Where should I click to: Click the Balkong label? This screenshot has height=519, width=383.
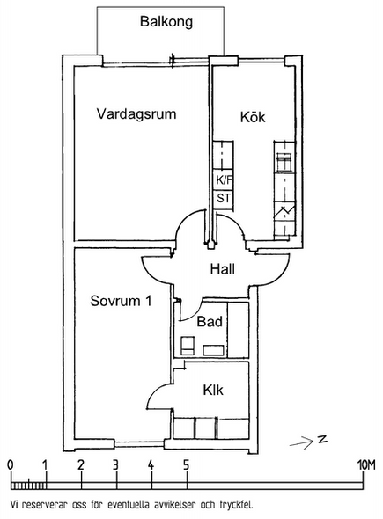pos(166,22)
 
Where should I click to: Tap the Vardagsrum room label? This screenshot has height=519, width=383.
pos(136,114)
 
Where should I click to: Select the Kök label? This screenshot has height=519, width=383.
pos(253,117)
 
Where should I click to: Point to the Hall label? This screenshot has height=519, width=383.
pos(223,269)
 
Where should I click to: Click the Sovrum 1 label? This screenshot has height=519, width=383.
pos(121,301)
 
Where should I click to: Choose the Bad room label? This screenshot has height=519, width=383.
pos(210,321)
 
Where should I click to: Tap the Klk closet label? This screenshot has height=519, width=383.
pos(213,390)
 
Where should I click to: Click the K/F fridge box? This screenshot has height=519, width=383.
pos(224,180)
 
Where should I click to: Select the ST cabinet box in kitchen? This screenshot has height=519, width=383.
pos(224,199)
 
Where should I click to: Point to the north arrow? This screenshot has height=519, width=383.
pos(301,442)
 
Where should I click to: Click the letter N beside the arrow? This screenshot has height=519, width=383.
pos(321,439)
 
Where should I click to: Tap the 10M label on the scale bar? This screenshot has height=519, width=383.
pos(366,465)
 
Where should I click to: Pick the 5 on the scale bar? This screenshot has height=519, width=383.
pos(186,465)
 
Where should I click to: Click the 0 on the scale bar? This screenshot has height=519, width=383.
pos(11,465)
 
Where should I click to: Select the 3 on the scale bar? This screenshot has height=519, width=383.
pos(115,465)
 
